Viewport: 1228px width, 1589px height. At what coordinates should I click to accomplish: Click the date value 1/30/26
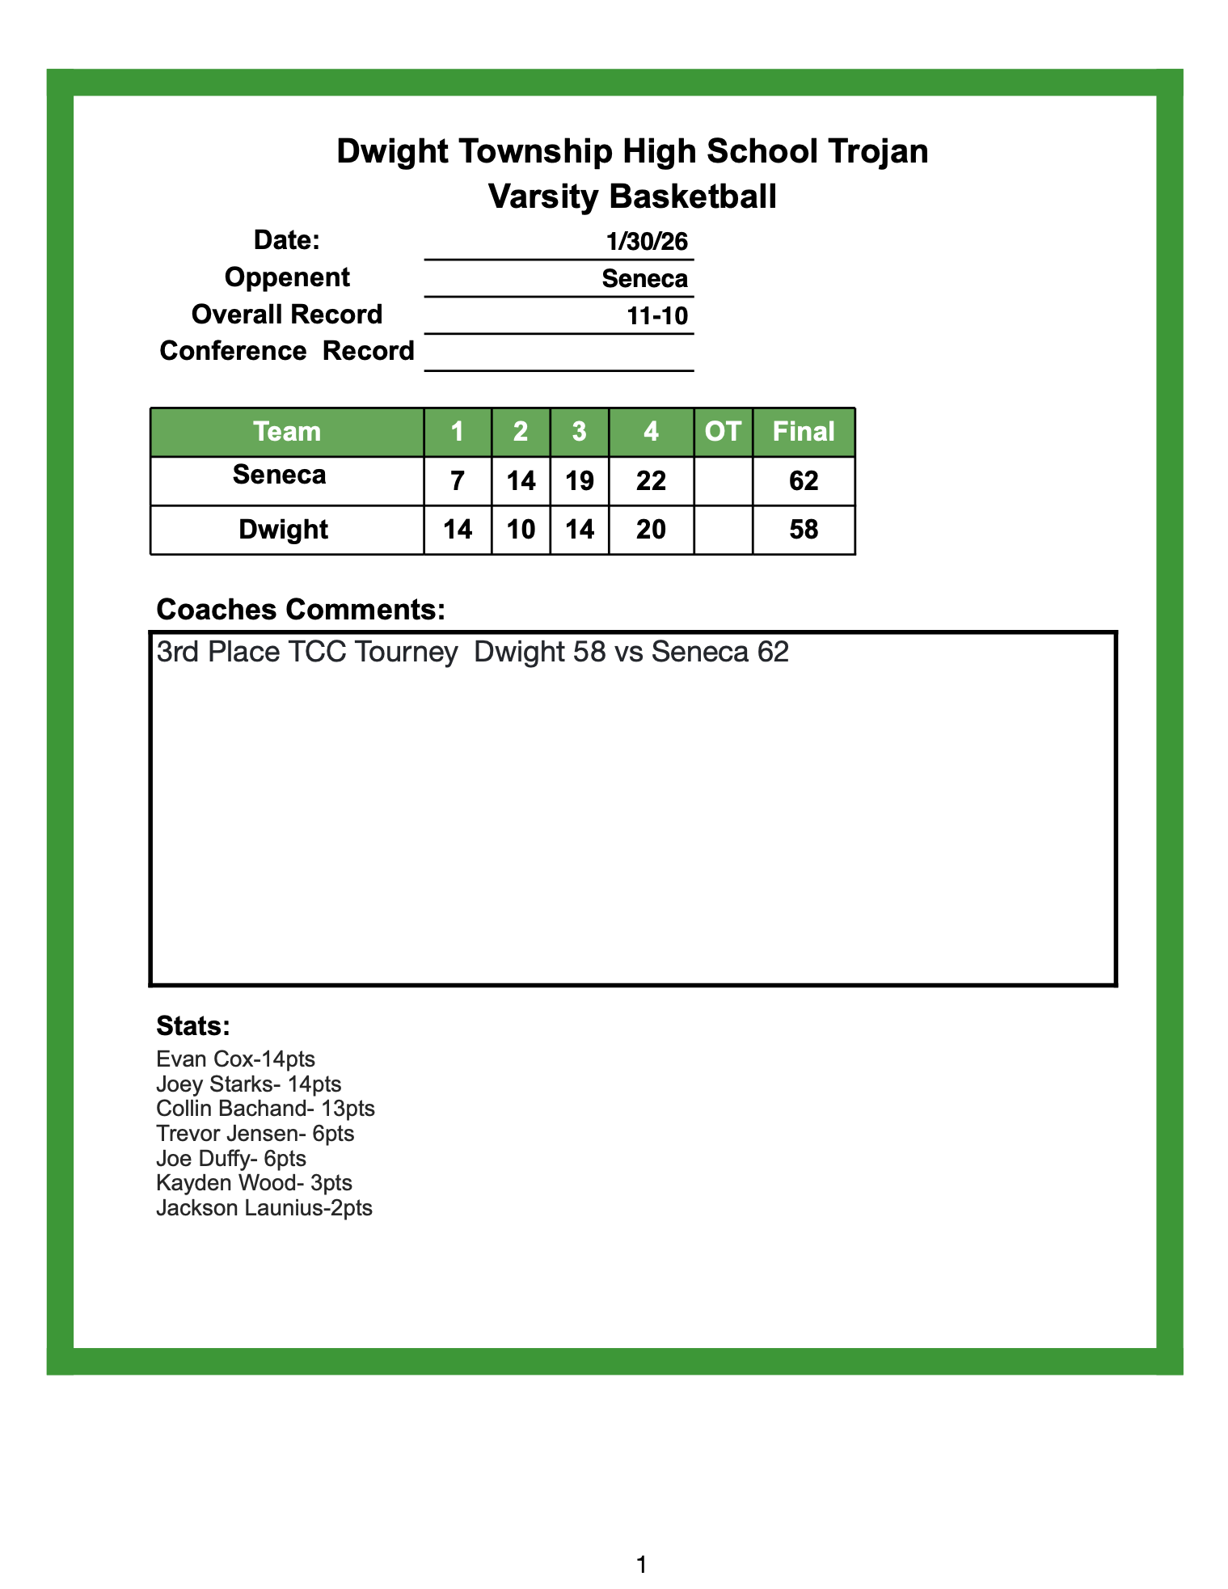[x=647, y=241]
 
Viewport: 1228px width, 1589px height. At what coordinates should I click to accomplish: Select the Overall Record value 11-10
[x=657, y=315]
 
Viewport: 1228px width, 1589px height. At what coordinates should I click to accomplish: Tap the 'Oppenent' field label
[x=287, y=277]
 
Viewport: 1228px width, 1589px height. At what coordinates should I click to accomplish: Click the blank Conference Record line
[x=559, y=353]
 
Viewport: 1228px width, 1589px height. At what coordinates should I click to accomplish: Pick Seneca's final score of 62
[x=804, y=481]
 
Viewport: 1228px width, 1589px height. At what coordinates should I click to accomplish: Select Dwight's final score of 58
[x=804, y=530]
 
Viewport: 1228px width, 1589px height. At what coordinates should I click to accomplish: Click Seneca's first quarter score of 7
[x=458, y=481]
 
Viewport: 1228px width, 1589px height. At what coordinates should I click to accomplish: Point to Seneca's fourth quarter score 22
[x=651, y=481]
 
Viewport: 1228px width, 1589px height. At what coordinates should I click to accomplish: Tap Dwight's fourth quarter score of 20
[x=651, y=530]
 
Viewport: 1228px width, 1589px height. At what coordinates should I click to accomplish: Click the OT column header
[x=723, y=432]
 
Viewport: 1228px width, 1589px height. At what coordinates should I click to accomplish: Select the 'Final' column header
[x=804, y=432]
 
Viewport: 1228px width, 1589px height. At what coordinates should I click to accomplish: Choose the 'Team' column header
[x=287, y=432]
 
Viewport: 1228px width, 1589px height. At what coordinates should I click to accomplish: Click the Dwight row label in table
[x=284, y=530]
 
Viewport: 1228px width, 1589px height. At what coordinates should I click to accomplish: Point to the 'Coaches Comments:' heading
[x=300, y=610]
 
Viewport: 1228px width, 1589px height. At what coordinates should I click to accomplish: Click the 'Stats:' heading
[x=193, y=1025]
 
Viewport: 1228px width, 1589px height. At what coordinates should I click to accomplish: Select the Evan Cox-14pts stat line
[x=235, y=1059]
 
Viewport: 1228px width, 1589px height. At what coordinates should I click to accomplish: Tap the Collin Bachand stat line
[x=265, y=1108]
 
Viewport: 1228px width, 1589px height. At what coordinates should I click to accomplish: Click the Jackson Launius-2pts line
[x=264, y=1208]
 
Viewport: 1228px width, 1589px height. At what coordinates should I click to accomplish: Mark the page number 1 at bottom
[x=641, y=1565]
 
